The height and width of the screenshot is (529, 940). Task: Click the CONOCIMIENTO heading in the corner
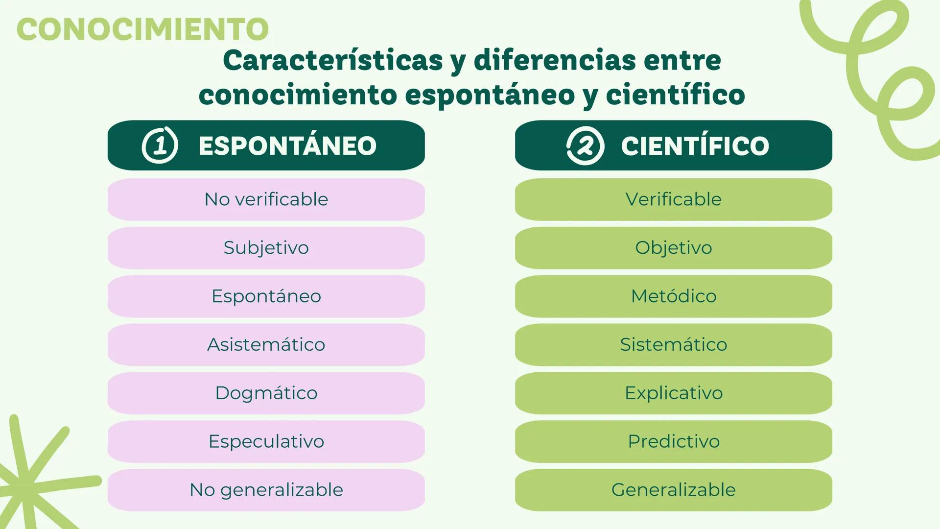(x=142, y=29)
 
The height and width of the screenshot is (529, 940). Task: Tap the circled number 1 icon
(x=160, y=145)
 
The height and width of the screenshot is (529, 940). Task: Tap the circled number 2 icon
(x=585, y=145)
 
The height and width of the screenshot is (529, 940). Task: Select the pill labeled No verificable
(x=266, y=199)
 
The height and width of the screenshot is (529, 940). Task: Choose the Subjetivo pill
(x=266, y=248)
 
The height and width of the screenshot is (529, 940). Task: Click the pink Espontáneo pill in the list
(x=266, y=296)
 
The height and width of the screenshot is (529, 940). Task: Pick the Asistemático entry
(x=266, y=344)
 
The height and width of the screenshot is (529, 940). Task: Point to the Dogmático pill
(x=266, y=393)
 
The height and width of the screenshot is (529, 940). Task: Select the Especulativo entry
(x=266, y=441)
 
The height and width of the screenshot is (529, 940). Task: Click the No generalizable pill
(x=266, y=490)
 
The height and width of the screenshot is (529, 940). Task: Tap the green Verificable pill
(x=673, y=199)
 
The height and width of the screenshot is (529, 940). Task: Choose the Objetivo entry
(x=673, y=248)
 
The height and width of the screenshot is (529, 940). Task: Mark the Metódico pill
(x=673, y=296)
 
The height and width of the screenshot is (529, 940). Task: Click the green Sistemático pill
(x=673, y=344)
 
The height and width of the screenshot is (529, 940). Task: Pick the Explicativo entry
(x=673, y=393)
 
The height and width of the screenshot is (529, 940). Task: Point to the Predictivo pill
(x=673, y=441)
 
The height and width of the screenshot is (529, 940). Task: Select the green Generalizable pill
(x=673, y=490)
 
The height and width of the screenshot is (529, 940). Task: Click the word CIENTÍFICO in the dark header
(x=695, y=146)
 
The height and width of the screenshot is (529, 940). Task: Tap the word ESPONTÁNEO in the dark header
(x=287, y=146)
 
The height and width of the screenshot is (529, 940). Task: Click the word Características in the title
(x=333, y=61)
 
